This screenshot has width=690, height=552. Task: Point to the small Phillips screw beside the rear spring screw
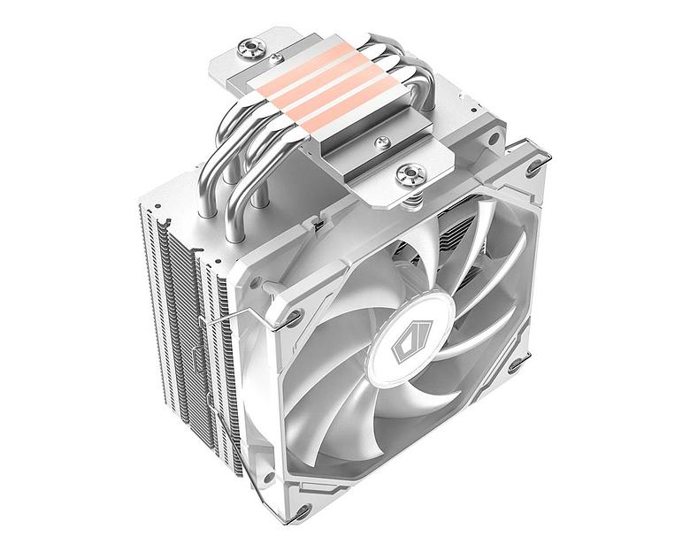click(x=276, y=57)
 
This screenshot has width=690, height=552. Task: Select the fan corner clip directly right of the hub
click(x=516, y=362)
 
